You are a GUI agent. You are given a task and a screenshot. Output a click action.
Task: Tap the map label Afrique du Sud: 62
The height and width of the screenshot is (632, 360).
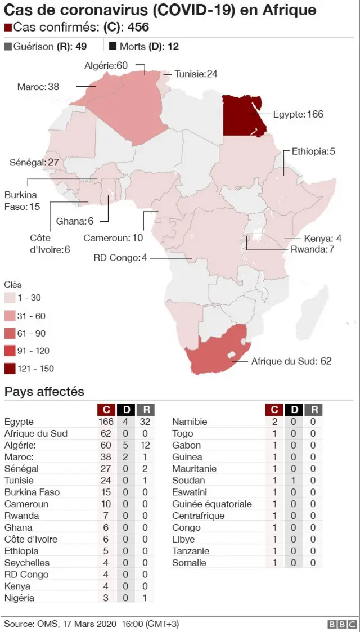(x=291, y=361)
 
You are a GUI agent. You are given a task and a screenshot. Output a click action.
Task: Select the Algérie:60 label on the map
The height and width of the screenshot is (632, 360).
(x=106, y=66)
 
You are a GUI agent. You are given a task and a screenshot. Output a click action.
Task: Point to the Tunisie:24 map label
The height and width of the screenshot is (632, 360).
(x=196, y=74)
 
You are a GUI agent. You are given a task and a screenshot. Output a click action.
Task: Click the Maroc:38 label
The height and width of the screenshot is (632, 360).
(x=38, y=87)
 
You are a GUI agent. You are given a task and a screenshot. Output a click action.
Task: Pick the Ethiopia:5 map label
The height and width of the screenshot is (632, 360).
(x=313, y=151)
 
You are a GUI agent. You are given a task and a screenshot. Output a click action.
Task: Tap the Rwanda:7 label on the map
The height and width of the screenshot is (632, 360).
(x=312, y=249)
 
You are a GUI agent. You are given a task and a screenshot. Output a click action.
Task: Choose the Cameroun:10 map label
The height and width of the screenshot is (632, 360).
(x=113, y=238)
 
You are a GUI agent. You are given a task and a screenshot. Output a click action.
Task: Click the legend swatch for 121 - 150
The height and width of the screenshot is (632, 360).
(x=10, y=369)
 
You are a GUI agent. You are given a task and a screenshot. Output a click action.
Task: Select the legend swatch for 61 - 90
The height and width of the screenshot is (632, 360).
(x=10, y=333)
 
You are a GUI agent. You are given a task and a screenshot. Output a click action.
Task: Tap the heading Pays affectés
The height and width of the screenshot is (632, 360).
(x=44, y=392)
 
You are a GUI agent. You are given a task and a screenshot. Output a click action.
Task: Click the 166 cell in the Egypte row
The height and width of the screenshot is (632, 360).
(x=106, y=422)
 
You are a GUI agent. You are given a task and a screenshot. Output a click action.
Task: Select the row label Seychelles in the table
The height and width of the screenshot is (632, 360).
(x=26, y=563)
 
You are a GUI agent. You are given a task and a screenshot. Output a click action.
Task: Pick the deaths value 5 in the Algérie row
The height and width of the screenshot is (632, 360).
(x=126, y=445)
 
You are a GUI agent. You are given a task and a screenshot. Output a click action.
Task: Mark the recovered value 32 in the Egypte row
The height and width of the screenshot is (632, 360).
(x=145, y=422)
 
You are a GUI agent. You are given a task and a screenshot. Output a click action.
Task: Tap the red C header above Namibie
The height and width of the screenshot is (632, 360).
(x=274, y=409)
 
